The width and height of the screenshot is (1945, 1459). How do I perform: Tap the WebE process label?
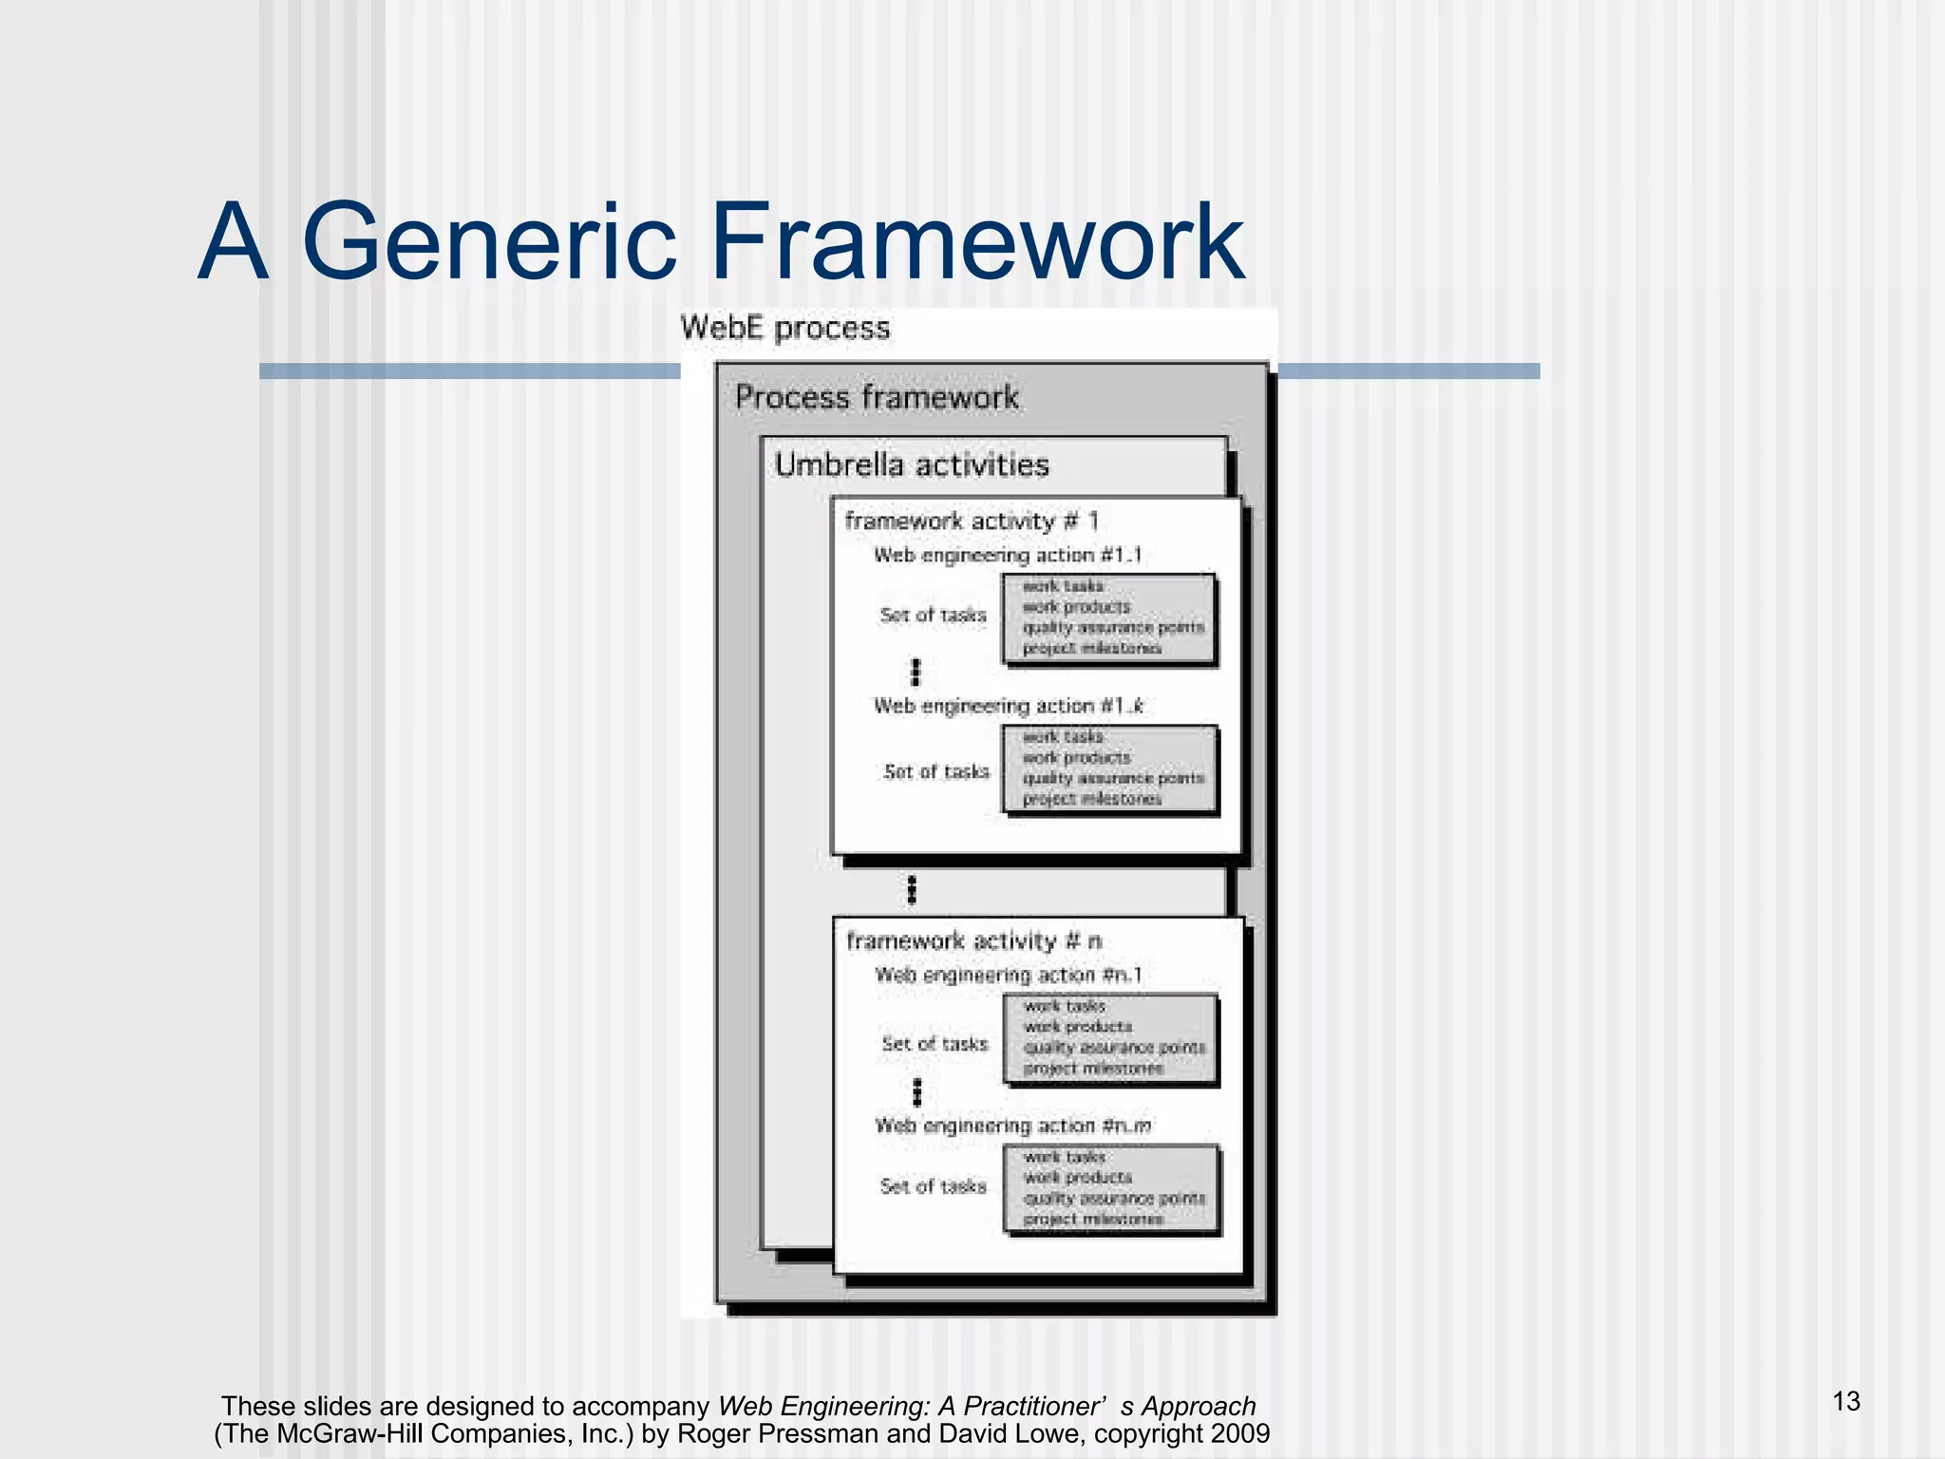(x=785, y=329)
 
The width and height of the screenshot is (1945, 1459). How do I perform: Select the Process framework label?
(x=877, y=397)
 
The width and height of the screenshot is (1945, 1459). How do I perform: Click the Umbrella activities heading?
(x=912, y=465)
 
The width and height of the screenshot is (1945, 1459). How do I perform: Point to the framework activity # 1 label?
(x=972, y=521)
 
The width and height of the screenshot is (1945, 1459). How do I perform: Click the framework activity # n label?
(x=973, y=941)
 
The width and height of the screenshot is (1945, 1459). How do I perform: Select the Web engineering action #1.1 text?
(x=1008, y=556)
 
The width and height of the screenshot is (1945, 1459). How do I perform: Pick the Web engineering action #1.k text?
(x=1008, y=707)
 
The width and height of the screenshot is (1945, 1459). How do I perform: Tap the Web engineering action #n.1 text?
(x=1008, y=976)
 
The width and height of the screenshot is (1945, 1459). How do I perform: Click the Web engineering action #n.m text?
(x=1012, y=1127)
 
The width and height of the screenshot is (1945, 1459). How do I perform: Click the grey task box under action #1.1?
(x=1109, y=618)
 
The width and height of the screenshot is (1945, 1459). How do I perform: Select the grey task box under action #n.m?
(x=1111, y=1189)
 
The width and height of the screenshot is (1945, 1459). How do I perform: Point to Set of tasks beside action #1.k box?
(x=936, y=772)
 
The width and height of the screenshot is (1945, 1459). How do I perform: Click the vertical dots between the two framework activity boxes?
(x=912, y=890)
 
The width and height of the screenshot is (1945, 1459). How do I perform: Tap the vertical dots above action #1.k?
(x=916, y=673)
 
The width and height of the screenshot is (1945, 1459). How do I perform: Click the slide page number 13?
(x=1846, y=1402)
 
